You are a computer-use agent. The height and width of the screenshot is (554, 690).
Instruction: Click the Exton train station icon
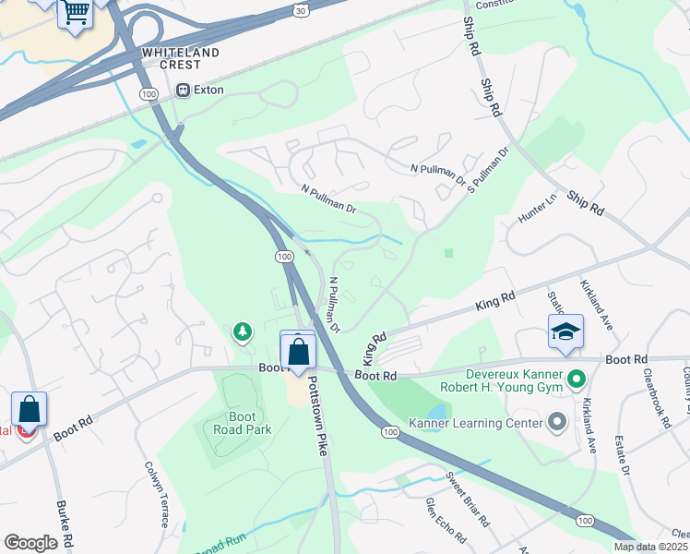click(x=183, y=90)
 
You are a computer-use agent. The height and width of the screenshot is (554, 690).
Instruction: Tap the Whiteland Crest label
click(x=181, y=59)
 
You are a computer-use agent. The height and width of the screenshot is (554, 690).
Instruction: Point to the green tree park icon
click(x=243, y=331)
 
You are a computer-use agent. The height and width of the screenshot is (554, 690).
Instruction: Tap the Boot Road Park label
click(x=242, y=423)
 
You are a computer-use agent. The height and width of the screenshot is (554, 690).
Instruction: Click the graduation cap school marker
click(x=565, y=331)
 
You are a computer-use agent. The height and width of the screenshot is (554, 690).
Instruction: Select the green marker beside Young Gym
click(x=577, y=379)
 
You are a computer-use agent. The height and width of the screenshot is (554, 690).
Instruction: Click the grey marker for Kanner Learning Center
click(x=556, y=423)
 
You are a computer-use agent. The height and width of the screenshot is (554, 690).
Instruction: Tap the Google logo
click(x=30, y=544)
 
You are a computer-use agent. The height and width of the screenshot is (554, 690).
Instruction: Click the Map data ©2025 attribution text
click(x=651, y=547)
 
